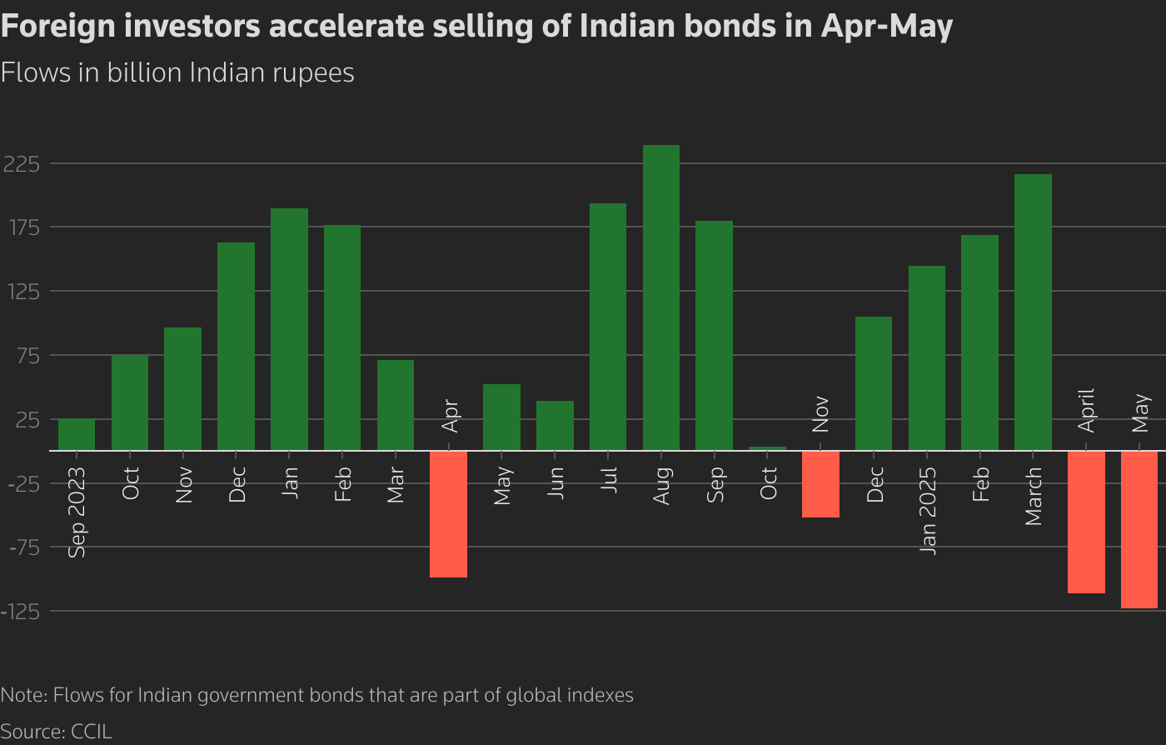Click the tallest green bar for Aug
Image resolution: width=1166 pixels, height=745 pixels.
coord(660,297)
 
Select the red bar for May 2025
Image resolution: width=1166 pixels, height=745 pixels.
coord(1139,529)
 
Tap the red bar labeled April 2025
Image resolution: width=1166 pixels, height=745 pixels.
coord(1086,522)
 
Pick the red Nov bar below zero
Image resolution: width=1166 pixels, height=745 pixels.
coord(820,484)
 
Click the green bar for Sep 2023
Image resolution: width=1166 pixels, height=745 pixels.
coord(77,434)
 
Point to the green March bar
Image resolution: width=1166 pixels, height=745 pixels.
coord(1033,312)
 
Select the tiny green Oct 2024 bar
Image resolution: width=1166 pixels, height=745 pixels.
coord(767,448)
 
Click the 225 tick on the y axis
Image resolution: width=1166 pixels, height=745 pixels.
coord(22,163)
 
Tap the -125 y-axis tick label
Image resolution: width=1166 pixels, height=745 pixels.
coord(22,611)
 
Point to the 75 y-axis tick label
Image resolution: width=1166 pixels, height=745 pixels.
coord(27,355)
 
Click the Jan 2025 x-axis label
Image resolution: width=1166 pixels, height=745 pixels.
coord(928,510)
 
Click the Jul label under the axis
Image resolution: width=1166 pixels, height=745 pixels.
coord(608,480)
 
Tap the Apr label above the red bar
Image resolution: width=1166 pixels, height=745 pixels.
coord(450,416)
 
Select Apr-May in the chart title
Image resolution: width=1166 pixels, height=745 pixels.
coord(886,27)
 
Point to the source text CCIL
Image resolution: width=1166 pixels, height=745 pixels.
coord(92,732)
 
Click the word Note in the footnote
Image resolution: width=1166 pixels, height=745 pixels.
coord(22,694)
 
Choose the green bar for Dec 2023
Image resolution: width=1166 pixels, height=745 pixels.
coord(236,347)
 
